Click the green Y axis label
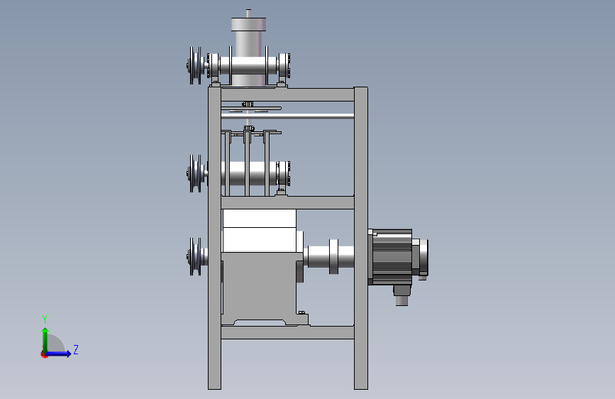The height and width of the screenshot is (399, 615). (45, 319)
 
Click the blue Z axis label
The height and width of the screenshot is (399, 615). (76, 349)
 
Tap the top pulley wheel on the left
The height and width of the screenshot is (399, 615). (195, 65)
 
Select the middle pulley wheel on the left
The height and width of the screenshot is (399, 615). (195, 173)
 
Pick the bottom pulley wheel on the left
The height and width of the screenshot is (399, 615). (195, 256)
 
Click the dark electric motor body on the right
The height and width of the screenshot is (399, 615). (392, 256)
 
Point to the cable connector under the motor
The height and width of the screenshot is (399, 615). (401, 295)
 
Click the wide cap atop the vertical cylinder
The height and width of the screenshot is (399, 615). (248, 24)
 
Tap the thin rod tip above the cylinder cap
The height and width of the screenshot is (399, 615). (248, 13)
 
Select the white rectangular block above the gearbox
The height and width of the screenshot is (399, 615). (259, 231)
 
